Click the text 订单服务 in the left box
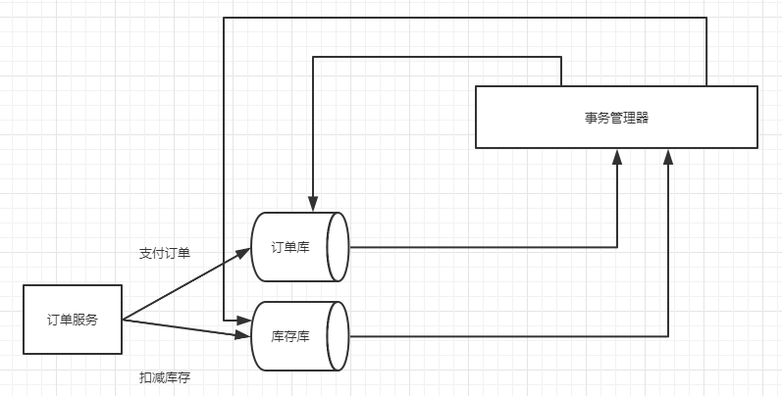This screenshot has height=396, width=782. pyautogui.click(x=73, y=321)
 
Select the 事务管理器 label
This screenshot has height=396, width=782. pyautogui.click(x=616, y=118)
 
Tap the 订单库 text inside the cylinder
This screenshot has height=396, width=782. pyautogui.click(x=290, y=247)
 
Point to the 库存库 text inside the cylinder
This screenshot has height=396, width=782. pyautogui.click(x=290, y=336)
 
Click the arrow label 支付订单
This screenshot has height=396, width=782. pyautogui.click(x=165, y=253)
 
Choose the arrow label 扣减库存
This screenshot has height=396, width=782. pyautogui.click(x=165, y=377)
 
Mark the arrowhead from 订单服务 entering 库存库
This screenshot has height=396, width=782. pyautogui.click(x=245, y=336)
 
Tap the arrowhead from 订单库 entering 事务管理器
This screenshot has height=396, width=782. pyautogui.click(x=617, y=156)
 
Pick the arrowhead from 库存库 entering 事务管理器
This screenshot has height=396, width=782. pyautogui.click(x=668, y=156)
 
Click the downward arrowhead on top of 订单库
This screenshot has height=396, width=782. pyautogui.click(x=313, y=203)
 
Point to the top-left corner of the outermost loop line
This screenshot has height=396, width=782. pyautogui.click(x=224, y=18)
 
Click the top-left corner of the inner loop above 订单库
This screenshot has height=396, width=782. pyautogui.click(x=313, y=57)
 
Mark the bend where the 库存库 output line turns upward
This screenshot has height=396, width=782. pyautogui.click(x=668, y=336)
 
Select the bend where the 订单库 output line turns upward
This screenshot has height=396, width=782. pyautogui.click(x=617, y=247)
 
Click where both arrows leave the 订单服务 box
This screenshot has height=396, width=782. pyautogui.click(x=123, y=320)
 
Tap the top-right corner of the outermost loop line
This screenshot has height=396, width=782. pyautogui.click(x=706, y=18)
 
